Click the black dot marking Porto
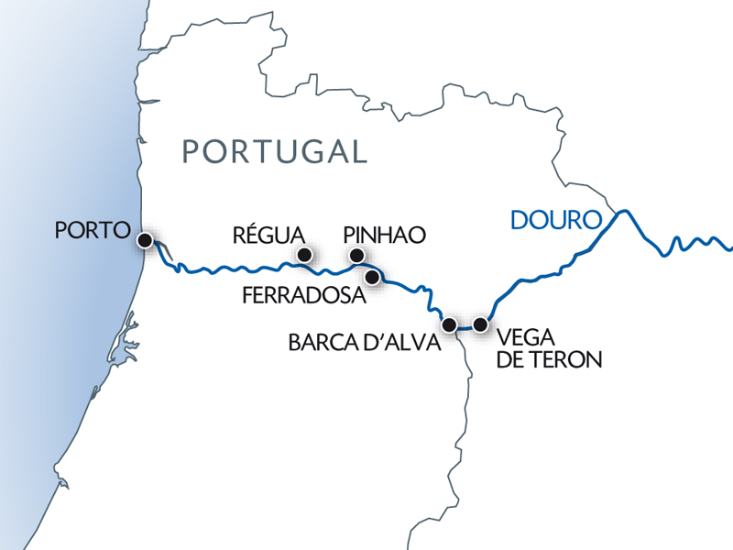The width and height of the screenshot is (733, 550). point(145,240)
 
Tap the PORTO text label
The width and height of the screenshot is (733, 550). point(92,230)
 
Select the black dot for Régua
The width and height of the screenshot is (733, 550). point(304,255)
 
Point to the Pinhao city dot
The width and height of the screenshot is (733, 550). point(357,256)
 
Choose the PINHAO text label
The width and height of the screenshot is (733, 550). point(384,236)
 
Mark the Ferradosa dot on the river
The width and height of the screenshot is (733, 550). point(372,276)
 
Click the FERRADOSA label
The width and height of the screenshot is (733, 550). point(303,296)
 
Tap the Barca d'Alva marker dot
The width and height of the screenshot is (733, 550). point(449,324)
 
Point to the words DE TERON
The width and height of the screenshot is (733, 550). point(547,360)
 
